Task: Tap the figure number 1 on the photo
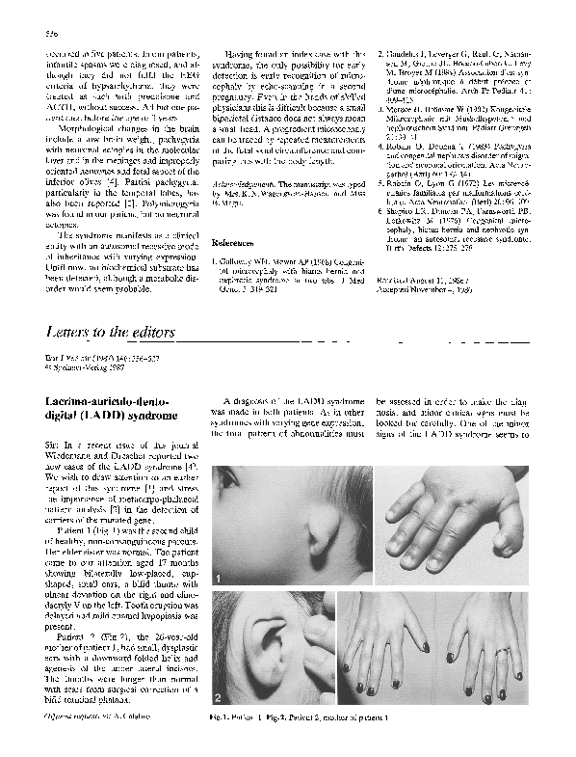coord(221,578)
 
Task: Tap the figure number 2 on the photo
coord(221,695)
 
